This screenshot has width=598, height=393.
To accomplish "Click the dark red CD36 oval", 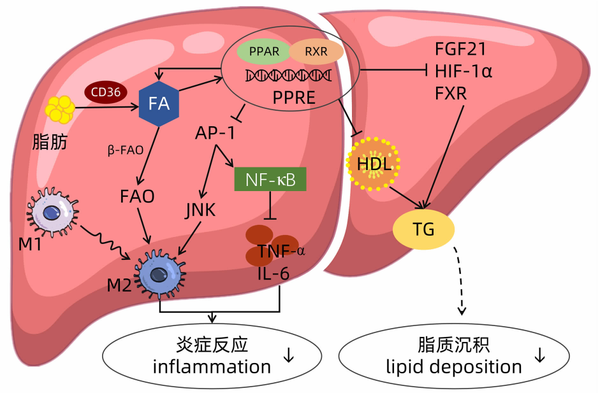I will (106, 93).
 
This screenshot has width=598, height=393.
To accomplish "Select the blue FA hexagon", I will (159, 104).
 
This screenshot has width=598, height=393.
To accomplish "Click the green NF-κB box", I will (271, 180).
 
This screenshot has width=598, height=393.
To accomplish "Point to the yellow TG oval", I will (423, 229).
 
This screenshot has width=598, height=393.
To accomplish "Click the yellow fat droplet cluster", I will (59, 109).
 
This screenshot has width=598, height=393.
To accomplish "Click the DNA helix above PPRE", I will (288, 77).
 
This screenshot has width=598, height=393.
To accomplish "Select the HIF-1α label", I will (463, 71).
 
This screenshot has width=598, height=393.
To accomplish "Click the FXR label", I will (451, 93).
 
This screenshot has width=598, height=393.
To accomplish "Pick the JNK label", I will (201, 210).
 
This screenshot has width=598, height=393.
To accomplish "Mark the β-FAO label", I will (125, 150).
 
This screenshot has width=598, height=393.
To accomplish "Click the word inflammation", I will (212, 367).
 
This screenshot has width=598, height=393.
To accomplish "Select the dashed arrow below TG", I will (460, 280).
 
